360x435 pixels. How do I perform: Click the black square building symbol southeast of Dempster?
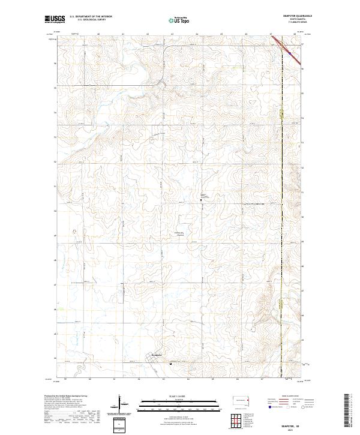coord(171,362)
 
